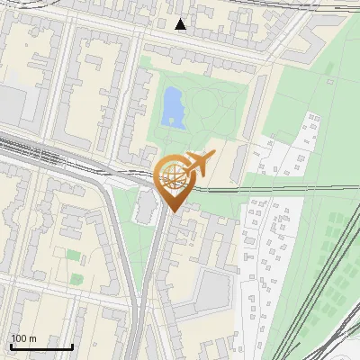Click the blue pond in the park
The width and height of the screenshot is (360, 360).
pos(170,107)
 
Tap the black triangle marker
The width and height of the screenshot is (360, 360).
pos(181,24)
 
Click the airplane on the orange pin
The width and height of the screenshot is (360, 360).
pos(200,164)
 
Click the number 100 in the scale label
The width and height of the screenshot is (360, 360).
pos(19,338)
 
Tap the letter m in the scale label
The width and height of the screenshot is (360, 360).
pos(32,338)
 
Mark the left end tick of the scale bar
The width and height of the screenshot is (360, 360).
pos(11,346)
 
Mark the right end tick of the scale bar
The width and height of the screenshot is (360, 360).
pos(72,346)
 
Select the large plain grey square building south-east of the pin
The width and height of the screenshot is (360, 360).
pos(215,289)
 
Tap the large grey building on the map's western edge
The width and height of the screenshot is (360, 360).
pos(11,103)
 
